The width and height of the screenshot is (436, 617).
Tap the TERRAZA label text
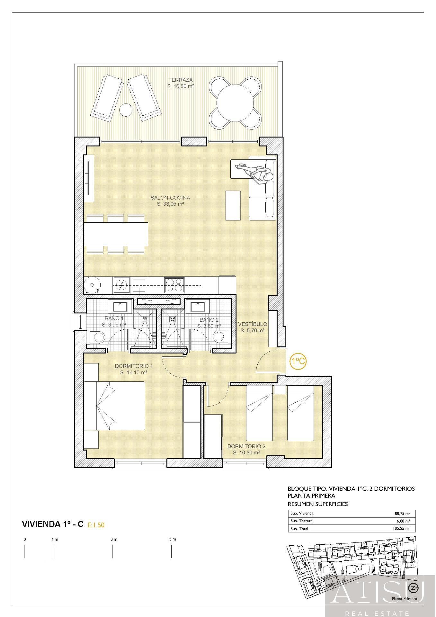point(181,80)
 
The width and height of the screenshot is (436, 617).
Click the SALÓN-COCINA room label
point(170,198)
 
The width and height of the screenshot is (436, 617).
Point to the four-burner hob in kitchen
point(175,285)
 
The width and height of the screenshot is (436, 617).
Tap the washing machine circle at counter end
point(92,285)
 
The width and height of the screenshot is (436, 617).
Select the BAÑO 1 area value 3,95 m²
point(114,325)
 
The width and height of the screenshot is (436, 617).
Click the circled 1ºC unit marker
point(298,362)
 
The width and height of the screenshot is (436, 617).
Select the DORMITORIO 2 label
point(246,446)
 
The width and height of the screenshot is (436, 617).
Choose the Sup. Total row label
point(299,529)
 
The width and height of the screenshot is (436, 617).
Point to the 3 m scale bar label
point(113,539)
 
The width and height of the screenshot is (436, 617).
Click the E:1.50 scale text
point(96,525)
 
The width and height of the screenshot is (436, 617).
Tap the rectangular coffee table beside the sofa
point(233,205)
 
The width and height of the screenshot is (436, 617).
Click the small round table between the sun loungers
point(126,110)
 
